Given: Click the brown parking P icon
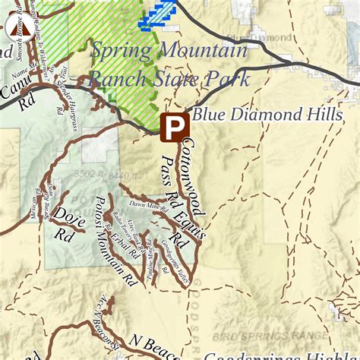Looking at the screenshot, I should click(x=175, y=127).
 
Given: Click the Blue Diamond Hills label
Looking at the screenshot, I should click(x=267, y=115).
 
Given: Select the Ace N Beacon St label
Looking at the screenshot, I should click(x=102, y=318).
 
